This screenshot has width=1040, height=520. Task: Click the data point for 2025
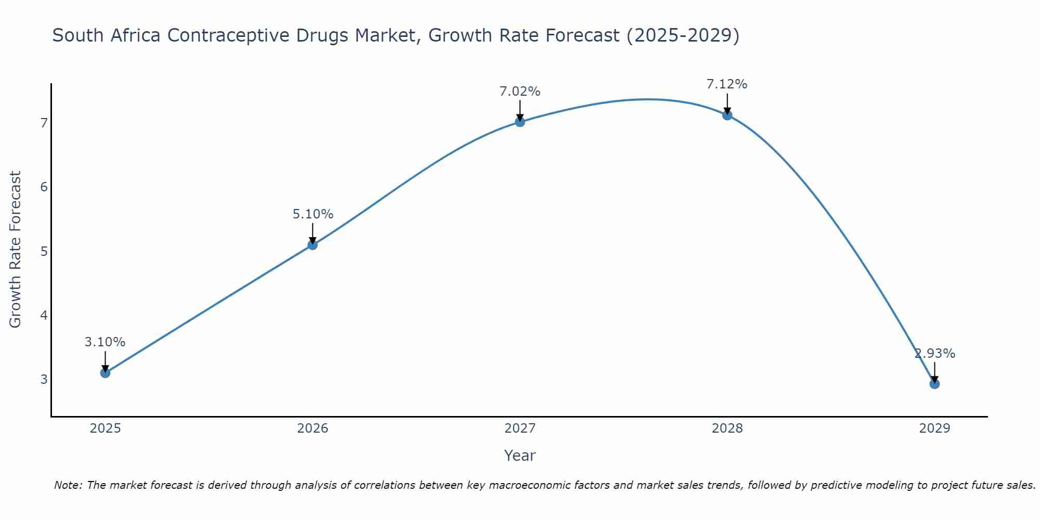(105, 373)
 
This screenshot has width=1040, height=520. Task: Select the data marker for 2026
(313, 245)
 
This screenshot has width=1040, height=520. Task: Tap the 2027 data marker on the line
(520, 122)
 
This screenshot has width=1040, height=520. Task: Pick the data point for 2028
(727, 115)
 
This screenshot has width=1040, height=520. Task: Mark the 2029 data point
(934, 384)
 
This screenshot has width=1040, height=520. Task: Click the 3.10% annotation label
(105, 342)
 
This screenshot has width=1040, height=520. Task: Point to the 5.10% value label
(313, 214)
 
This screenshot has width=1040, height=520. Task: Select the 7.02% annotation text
(520, 92)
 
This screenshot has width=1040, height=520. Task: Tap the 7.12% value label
(727, 84)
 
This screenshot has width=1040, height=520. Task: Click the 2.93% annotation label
(934, 354)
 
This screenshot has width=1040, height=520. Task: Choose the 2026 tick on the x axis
(313, 428)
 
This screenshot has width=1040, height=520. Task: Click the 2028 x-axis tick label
(727, 428)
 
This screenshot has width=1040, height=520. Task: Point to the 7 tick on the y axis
(44, 123)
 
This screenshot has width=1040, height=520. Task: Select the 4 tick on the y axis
(44, 316)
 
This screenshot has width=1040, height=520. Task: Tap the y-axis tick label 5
(44, 252)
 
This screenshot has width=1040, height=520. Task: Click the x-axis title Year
(519, 456)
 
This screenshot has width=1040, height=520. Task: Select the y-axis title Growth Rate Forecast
(16, 249)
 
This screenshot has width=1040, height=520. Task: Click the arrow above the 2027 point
(520, 110)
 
